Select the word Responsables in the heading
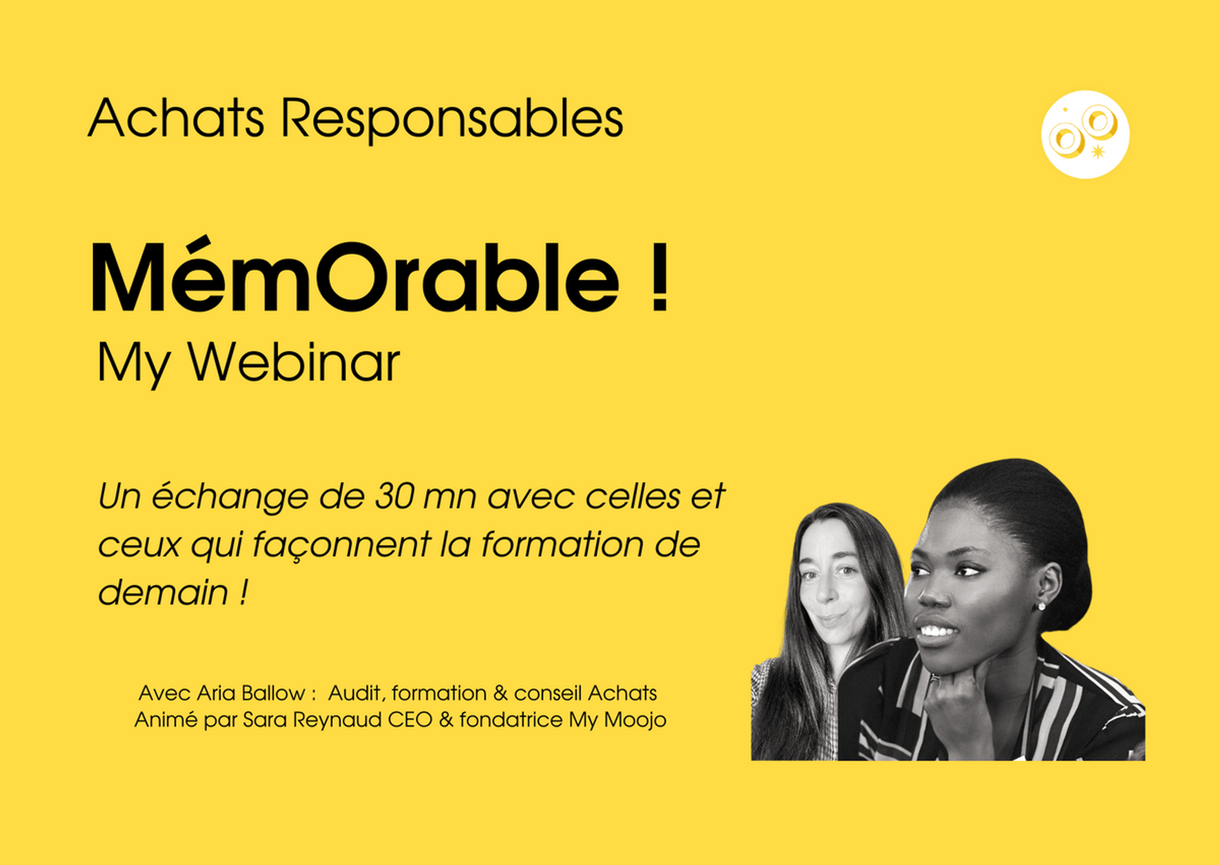tap(452, 121)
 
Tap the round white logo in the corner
tap(1085, 134)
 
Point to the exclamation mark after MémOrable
tap(659, 278)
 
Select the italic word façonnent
tap(342, 545)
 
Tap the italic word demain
tap(163, 592)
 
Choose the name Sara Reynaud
tap(312, 720)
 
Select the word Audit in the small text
tap(355, 693)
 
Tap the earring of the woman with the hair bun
tap(1041, 606)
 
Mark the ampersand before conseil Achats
tap(500, 693)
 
